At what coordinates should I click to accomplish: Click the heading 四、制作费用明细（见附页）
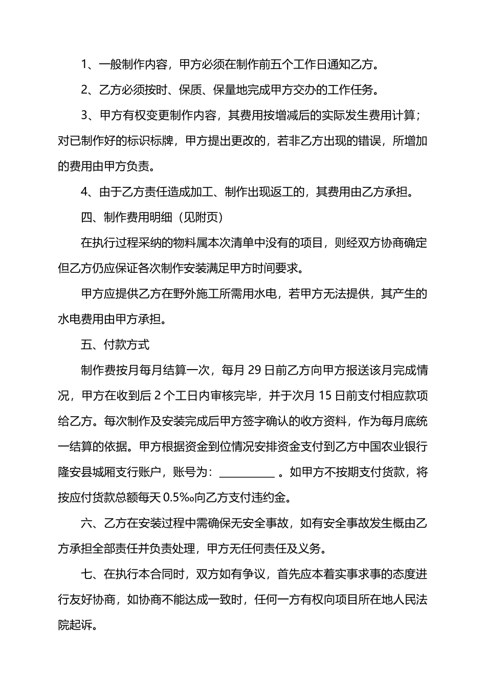[152, 218]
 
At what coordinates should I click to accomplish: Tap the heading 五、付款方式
[115, 345]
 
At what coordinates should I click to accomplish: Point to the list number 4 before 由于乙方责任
[85, 192]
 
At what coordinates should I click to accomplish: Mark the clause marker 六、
[91, 524]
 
